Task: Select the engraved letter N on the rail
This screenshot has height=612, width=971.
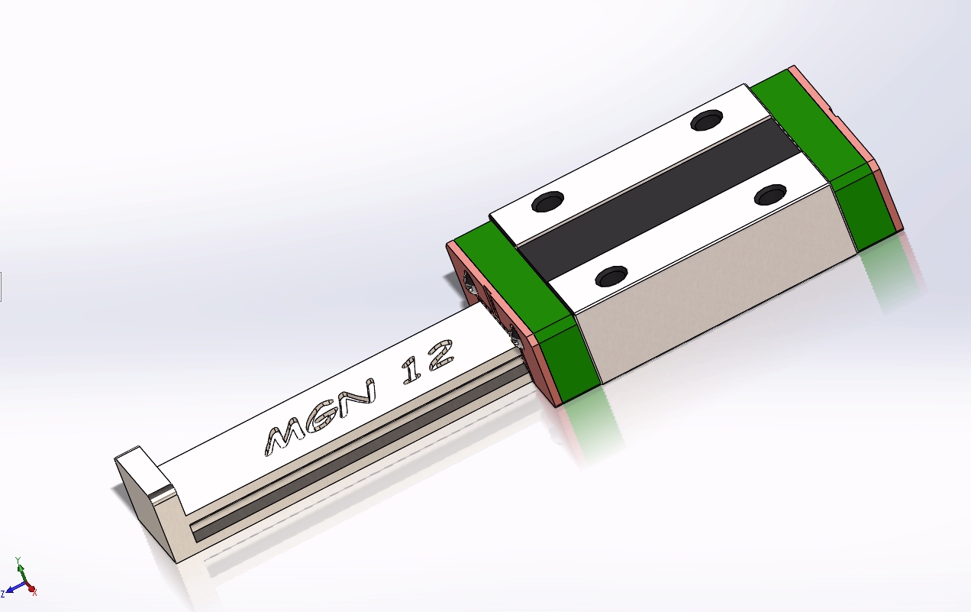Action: (356, 398)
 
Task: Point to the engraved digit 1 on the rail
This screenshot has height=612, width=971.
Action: (411, 370)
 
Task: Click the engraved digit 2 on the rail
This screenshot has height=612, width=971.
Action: (440, 355)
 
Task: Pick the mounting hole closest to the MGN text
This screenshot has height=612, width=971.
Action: (611, 276)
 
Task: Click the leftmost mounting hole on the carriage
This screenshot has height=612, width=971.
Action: (547, 202)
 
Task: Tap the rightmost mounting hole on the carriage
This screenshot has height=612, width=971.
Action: (770, 195)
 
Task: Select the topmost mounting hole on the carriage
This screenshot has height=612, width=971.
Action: (707, 120)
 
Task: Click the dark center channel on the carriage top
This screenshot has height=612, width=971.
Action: (659, 199)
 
